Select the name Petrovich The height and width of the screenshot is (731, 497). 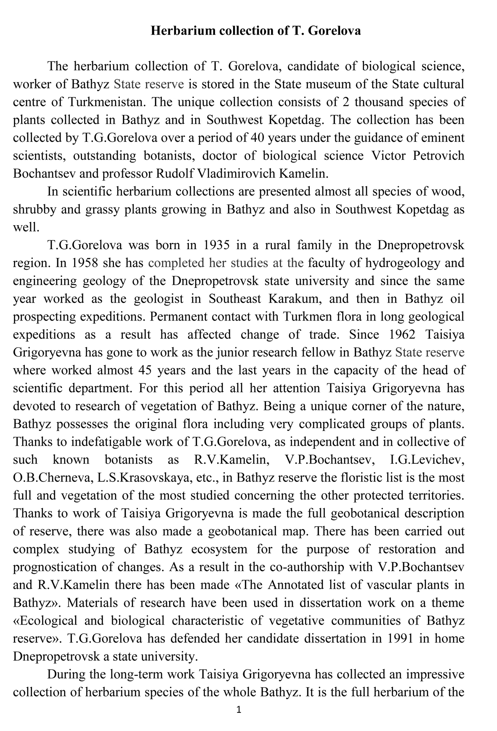pos(438,156)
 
